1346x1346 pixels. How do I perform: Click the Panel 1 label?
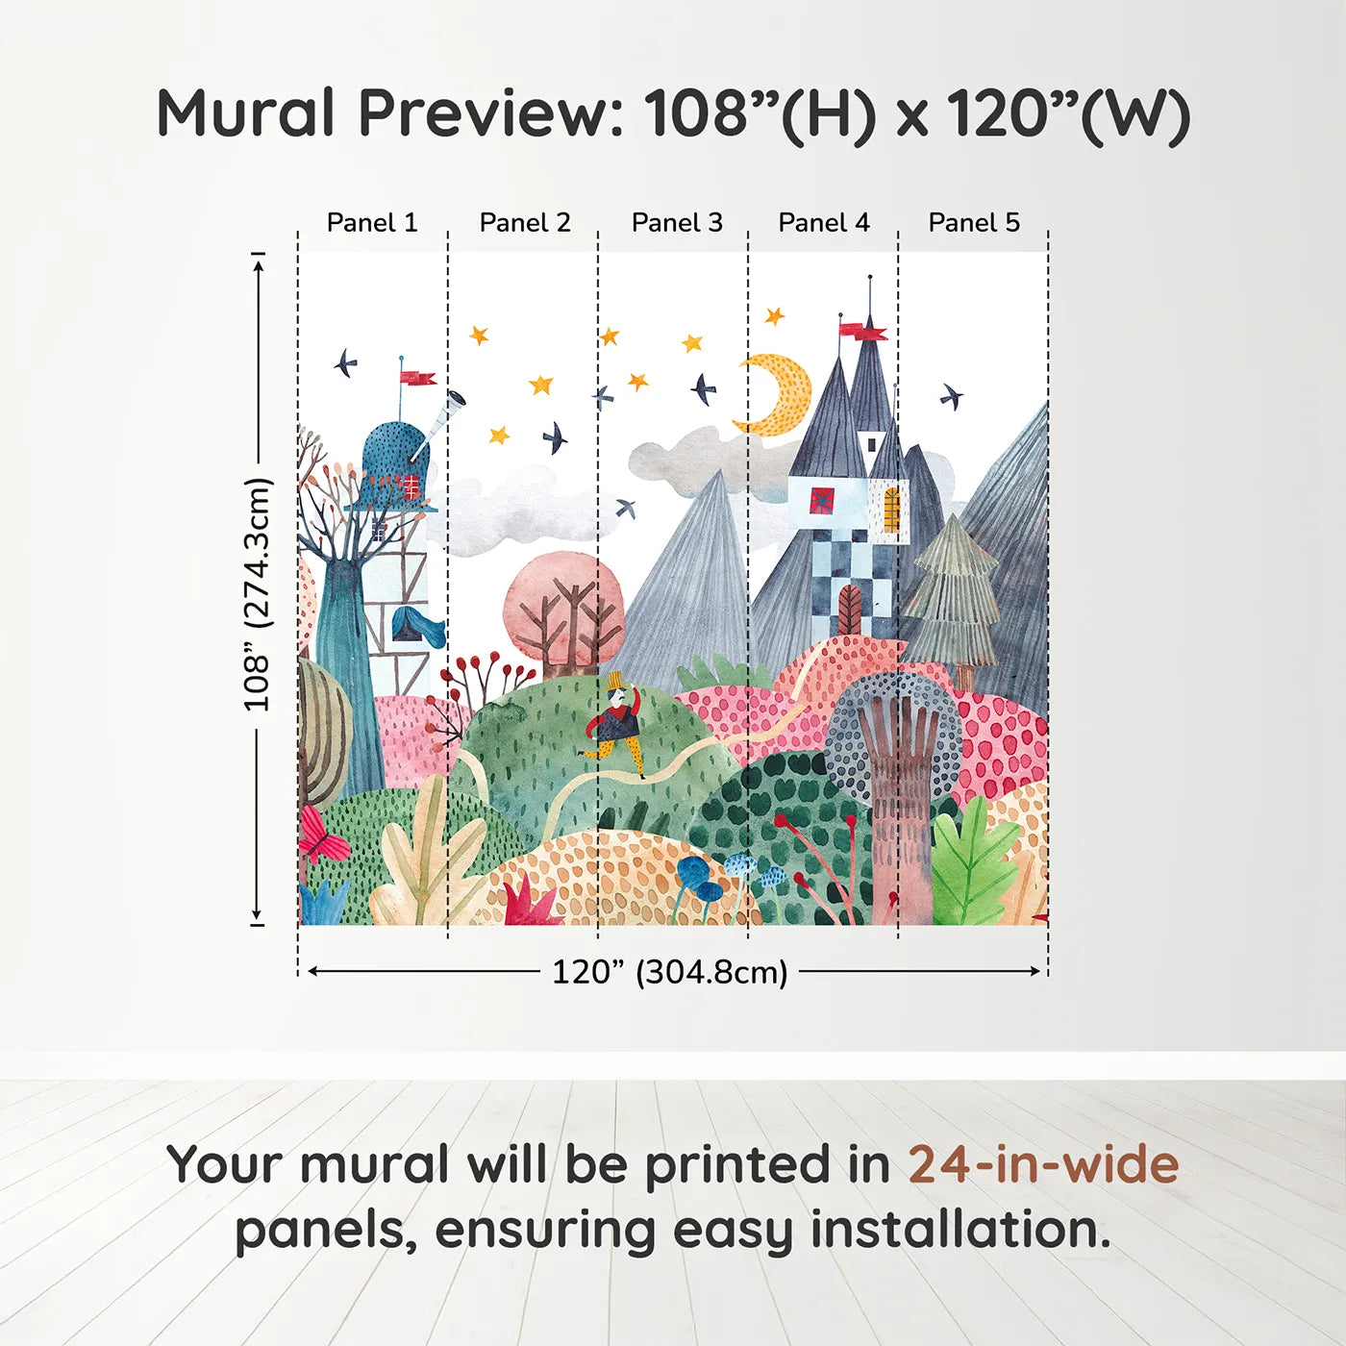[372, 223]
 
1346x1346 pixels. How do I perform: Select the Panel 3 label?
[677, 223]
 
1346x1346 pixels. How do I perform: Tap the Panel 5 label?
[974, 223]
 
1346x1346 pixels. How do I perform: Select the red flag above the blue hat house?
[417, 378]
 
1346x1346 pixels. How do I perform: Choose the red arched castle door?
[850, 610]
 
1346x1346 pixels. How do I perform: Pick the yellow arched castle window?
[891, 509]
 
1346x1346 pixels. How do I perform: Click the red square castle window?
[822, 501]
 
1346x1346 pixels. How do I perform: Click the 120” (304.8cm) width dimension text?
[669, 972]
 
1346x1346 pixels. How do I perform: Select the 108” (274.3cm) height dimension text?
[257, 594]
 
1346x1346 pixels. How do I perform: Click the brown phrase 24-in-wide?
[1043, 1164]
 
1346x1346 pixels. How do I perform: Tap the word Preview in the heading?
[491, 113]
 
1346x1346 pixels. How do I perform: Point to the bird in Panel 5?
[951, 396]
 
